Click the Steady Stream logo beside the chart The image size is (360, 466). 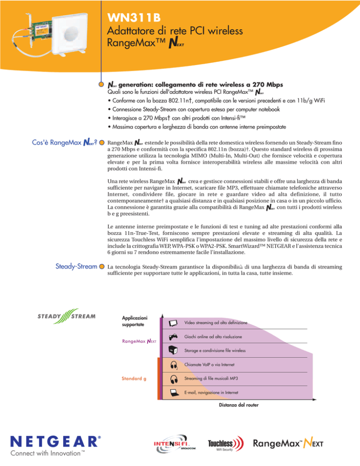tap(67, 315)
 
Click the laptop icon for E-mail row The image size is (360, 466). tap(173, 392)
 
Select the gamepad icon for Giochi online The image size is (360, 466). tap(173, 337)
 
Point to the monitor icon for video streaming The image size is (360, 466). tap(173, 323)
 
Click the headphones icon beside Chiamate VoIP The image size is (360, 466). tap(173, 364)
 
